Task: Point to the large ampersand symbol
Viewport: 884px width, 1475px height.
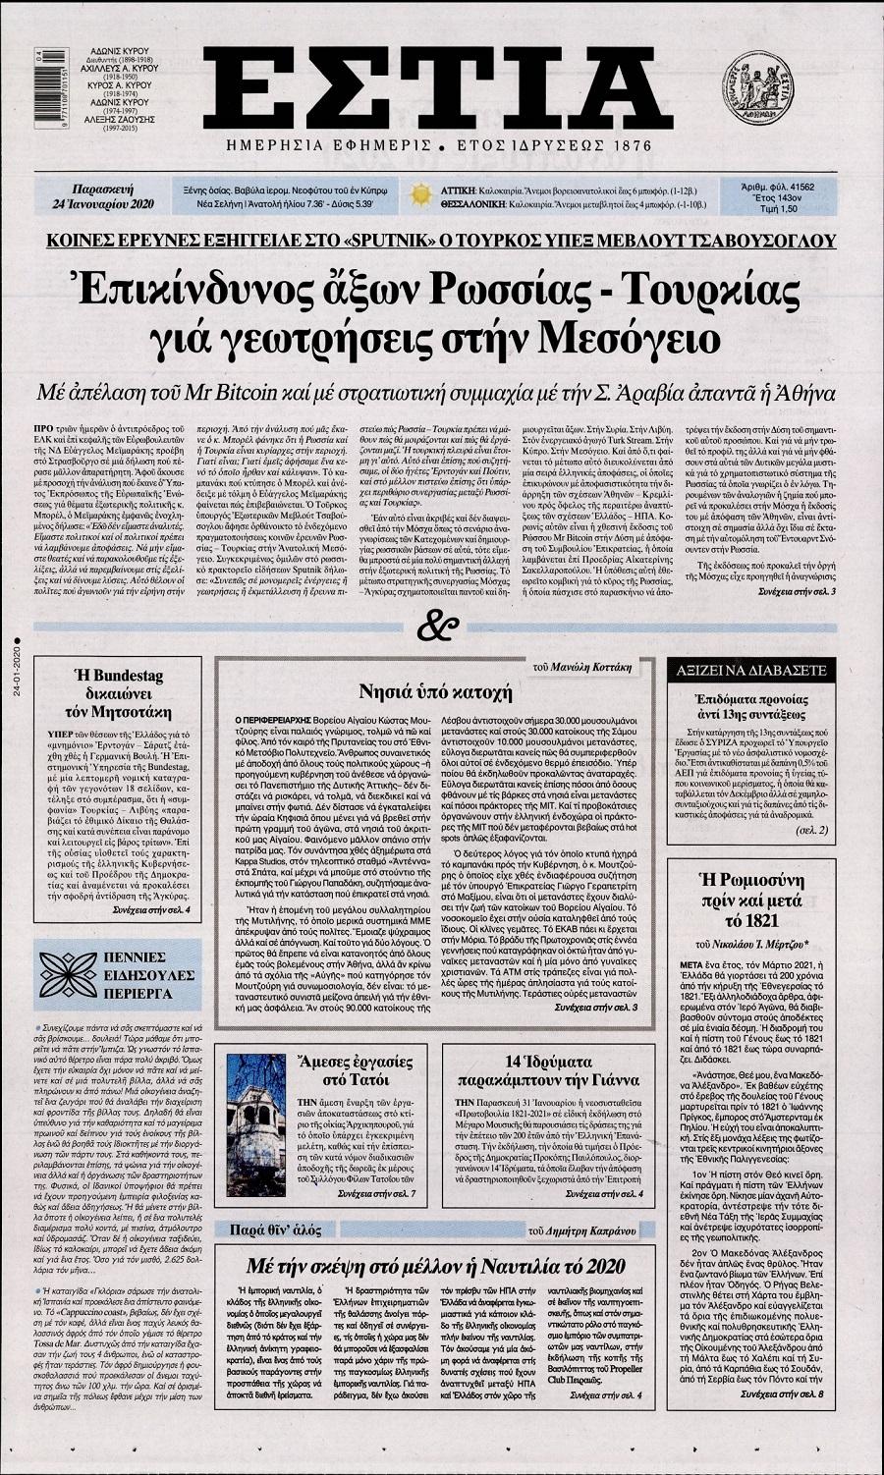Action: click(436, 623)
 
